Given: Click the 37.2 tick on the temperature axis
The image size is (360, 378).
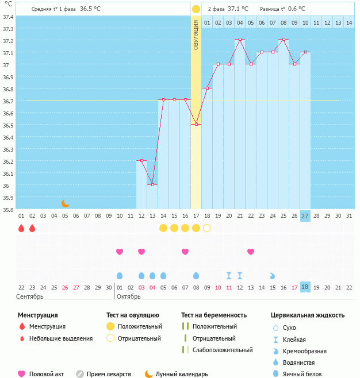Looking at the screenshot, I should (8, 41).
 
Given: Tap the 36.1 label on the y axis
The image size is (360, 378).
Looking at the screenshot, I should (8, 173).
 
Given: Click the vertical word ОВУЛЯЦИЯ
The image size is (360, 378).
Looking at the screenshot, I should (196, 35).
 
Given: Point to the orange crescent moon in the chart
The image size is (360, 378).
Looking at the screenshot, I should (66, 203).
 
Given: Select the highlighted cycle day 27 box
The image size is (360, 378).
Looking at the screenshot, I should (305, 215).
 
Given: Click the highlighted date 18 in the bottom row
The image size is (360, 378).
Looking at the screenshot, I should (305, 287).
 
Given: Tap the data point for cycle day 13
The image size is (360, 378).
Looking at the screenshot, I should (152, 185).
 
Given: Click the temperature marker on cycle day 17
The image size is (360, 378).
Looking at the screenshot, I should (196, 125).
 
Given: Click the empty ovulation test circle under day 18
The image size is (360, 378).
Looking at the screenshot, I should (207, 228).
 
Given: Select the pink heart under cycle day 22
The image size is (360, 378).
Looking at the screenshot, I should (251, 252).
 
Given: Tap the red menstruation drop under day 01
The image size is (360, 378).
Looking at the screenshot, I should (21, 228).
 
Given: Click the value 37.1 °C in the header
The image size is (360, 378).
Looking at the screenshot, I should (238, 9).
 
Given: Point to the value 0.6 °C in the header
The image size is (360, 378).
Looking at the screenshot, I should (297, 9).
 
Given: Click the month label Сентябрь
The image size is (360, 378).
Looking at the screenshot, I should (30, 296).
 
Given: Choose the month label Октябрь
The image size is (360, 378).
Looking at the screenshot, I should (128, 296).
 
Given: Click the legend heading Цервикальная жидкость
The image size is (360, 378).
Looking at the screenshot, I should (308, 315).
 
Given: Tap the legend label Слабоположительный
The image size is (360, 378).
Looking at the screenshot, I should (223, 350).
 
